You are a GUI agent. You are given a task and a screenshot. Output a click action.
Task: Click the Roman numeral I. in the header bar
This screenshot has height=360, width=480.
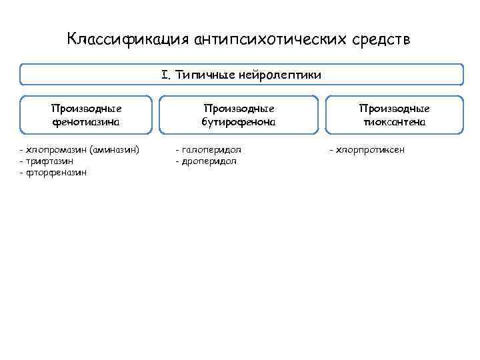click(x=166, y=75)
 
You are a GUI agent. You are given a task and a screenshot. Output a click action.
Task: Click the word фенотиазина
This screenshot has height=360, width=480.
click(x=87, y=122)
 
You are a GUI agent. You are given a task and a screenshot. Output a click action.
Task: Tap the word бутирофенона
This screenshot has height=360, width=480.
click(x=239, y=122)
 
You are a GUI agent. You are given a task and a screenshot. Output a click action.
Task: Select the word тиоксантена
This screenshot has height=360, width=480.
click(x=394, y=122)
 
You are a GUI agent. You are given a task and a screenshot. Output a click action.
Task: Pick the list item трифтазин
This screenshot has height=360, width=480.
click(x=49, y=161)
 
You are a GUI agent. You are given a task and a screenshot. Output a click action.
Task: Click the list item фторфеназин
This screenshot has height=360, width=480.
click(x=56, y=173)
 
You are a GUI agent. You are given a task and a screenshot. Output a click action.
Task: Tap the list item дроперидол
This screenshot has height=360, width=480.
click(x=209, y=161)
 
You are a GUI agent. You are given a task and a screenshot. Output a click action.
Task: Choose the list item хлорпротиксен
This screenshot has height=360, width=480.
click(x=370, y=150)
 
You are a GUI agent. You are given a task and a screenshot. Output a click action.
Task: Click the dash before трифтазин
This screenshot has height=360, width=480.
click(x=21, y=161)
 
